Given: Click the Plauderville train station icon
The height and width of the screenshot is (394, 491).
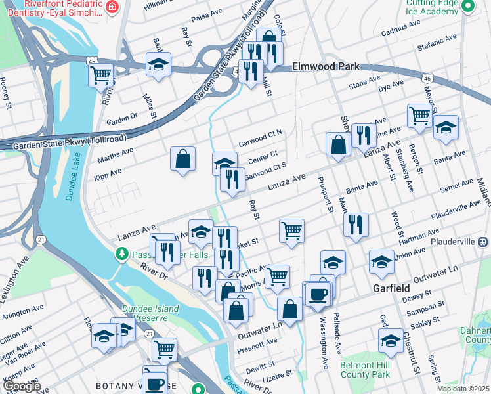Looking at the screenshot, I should pyautogui.click(x=483, y=242).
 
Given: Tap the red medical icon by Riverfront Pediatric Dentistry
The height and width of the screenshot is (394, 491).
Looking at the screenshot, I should pyautogui.click(x=112, y=7).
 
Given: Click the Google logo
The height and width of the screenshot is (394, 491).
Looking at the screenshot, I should pyautogui.click(x=22, y=386).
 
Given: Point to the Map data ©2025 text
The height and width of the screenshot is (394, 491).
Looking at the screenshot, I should pyautogui.click(x=463, y=388).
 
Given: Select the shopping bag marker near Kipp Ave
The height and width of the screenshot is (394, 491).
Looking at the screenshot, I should pyautogui.click(x=183, y=159).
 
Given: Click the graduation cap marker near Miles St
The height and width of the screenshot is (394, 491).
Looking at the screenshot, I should pyautogui.click(x=158, y=64).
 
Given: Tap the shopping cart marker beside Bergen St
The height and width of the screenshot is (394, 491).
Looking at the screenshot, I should pyautogui.click(x=419, y=116).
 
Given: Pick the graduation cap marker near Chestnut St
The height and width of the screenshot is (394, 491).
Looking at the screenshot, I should pyautogui.click(x=390, y=341).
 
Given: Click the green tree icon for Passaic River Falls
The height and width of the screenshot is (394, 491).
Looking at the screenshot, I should pyautogui.click(x=121, y=253).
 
